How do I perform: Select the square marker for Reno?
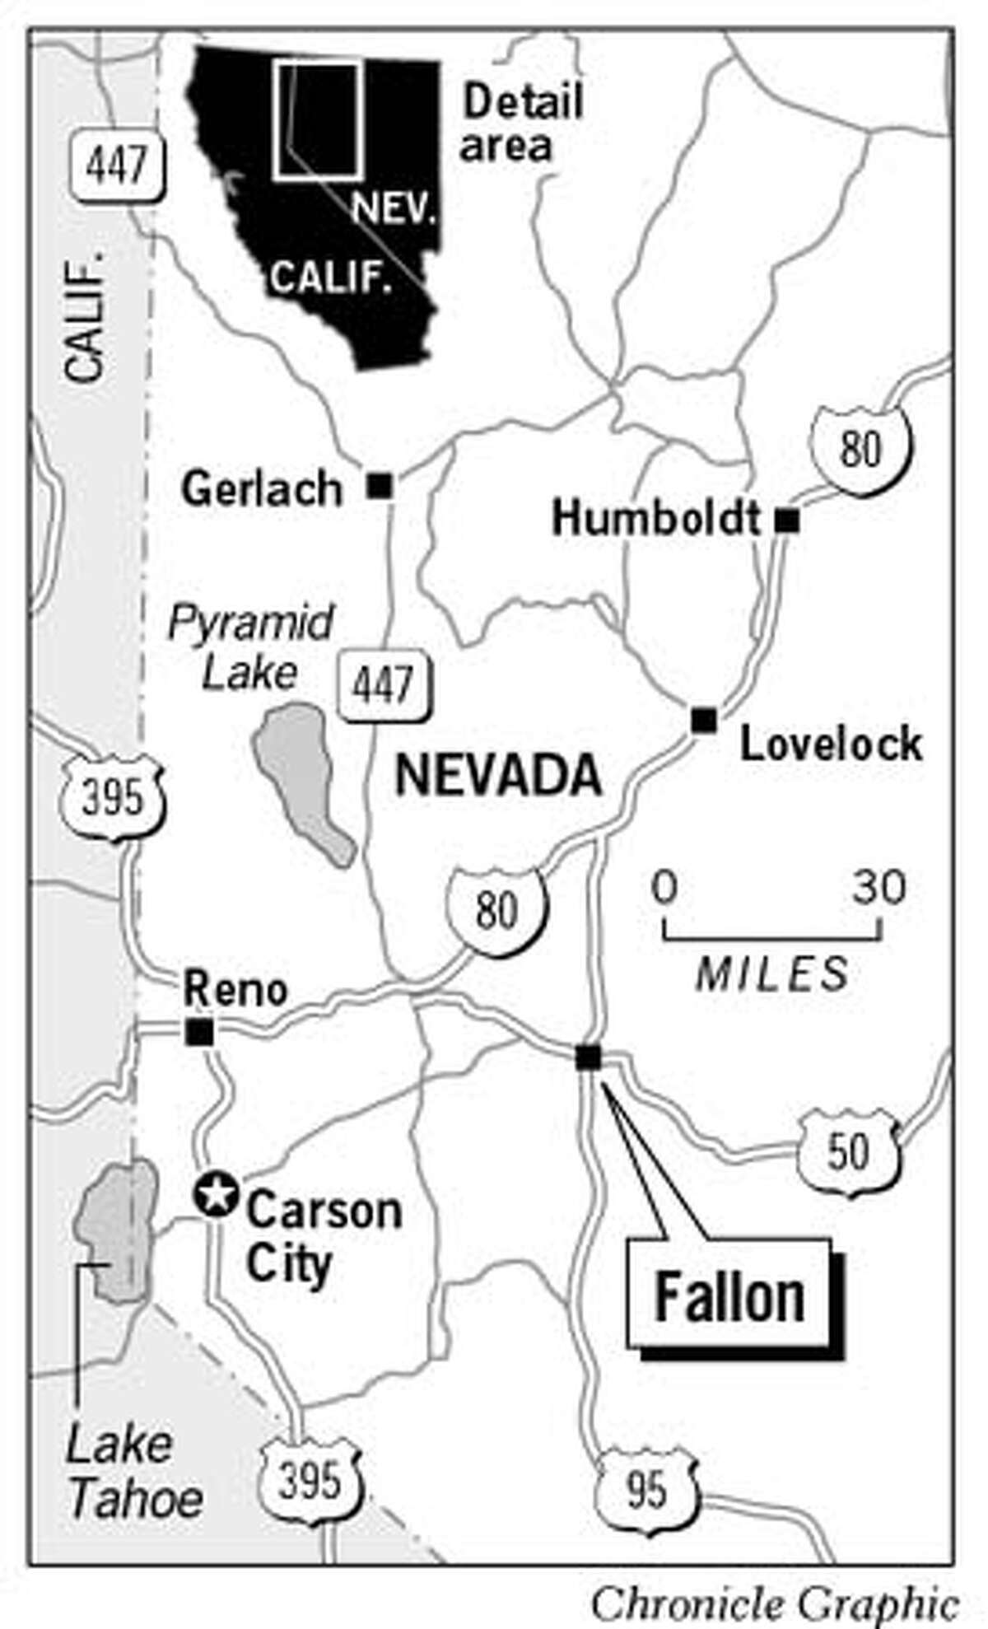[199, 1031]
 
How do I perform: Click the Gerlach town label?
[261, 489]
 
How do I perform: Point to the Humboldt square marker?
[787, 520]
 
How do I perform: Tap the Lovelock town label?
[830, 744]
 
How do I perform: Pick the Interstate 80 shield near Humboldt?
[861, 450]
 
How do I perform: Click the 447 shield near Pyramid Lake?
[384, 684]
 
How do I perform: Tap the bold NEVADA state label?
[498, 777]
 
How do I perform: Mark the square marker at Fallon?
[588, 1057]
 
